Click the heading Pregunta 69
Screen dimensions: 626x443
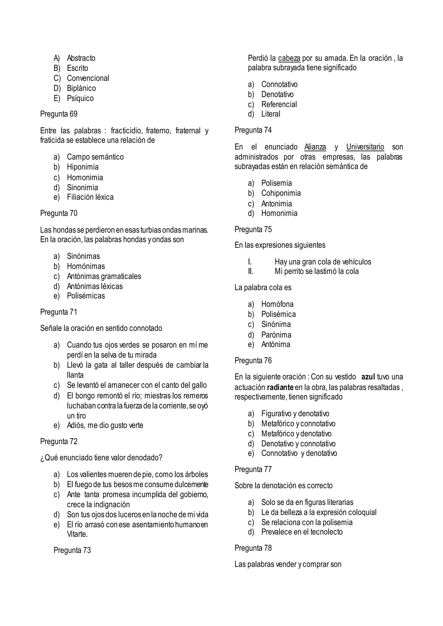coord(59,114)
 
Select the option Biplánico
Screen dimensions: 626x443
coord(81,88)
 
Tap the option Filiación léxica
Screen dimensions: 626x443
coord(90,197)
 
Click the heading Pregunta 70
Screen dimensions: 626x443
coord(59,213)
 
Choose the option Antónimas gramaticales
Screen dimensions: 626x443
coord(104,276)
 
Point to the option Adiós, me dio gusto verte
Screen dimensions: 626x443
coord(105,425)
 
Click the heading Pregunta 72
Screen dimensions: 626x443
coord(59,441)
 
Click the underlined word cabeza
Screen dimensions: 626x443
coord(289,58)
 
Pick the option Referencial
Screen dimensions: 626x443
coord(279,104)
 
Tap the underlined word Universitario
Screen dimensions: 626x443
coord(365,147)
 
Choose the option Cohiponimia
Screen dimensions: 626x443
coord(281,193)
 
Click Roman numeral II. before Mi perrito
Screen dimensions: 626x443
coord(250,271)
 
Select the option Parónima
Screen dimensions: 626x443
coord(276,335)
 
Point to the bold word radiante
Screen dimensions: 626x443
coord(280,387)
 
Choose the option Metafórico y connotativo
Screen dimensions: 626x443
coord(298,424)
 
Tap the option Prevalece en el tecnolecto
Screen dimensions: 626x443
coord(302,532)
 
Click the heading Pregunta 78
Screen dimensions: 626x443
coord(253,548)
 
